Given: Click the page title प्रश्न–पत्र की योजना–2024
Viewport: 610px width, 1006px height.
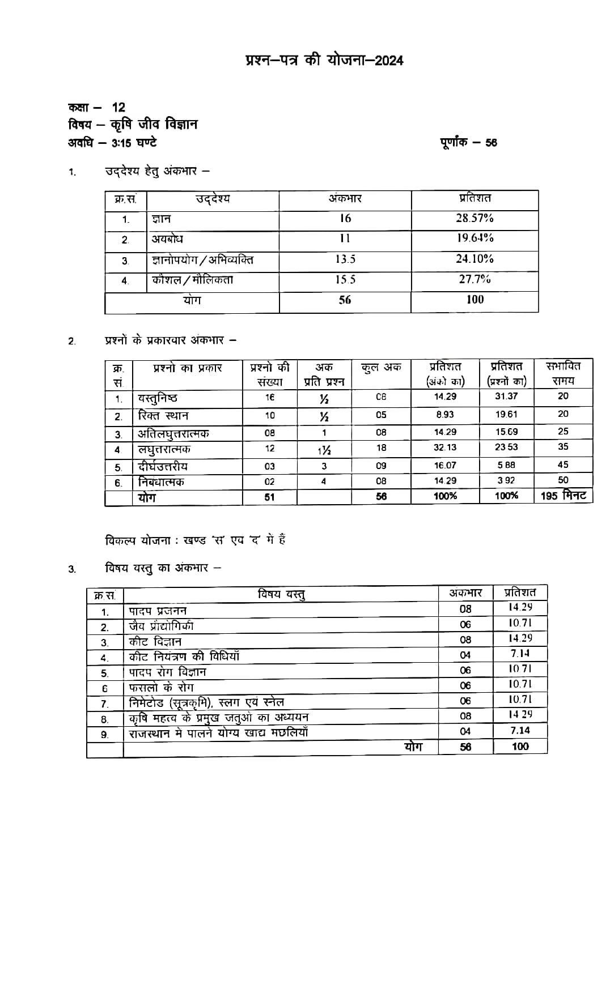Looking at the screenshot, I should pos(324,60).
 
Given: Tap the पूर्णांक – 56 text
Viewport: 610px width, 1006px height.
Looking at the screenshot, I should pos(468,142).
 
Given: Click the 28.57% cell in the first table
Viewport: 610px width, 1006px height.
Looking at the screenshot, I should pos(475,219).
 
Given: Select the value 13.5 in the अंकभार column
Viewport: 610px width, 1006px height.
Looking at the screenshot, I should pos(345,259).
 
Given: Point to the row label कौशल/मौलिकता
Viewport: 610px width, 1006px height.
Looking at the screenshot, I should pos(192,280).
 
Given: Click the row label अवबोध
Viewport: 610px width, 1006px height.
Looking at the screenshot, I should pos(167,239).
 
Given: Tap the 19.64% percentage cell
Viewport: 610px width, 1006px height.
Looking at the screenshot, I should pos(475,238).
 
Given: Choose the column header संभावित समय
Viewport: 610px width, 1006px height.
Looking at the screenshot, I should pos(563,373).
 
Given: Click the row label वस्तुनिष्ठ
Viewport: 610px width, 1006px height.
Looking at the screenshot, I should pos(158,398).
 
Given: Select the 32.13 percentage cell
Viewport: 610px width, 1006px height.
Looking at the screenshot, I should pos(445,447).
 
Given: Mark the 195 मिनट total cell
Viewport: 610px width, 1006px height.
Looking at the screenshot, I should pos(565,496).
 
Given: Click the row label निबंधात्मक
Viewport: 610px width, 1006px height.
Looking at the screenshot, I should pos(161,482).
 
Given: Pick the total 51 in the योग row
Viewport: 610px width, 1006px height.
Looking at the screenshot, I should pos(269,497).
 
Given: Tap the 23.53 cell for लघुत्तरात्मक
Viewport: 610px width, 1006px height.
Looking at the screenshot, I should pos(506,447).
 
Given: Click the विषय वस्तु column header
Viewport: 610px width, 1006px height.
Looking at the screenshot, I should pos(281,594).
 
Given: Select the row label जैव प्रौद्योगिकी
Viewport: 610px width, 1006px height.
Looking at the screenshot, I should pos(161,626).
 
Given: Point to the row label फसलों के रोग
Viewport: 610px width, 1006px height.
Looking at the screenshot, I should pos(161,688).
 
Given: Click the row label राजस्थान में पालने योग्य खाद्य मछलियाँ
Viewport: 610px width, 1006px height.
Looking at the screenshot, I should pos(218,733).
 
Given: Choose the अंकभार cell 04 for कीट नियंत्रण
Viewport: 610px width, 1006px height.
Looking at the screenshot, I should pos(465,655).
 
